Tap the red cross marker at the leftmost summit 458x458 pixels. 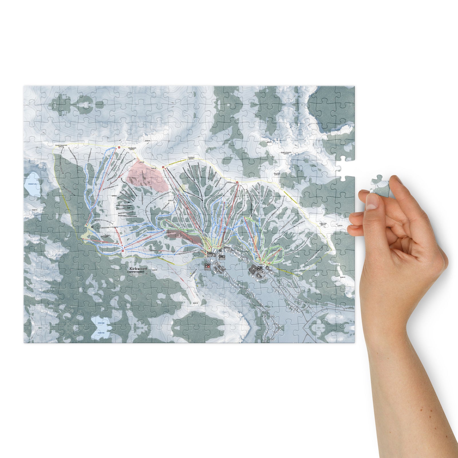[119, 148]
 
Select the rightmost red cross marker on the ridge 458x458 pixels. [237, 183]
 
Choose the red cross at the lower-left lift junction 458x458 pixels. [123, 251]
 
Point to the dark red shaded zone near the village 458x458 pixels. [182, 236]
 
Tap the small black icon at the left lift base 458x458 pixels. [92, 227]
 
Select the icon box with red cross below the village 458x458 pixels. [208, 266]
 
